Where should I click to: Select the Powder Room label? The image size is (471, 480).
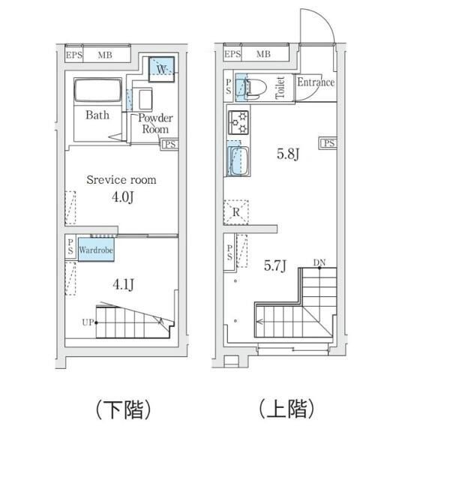156,123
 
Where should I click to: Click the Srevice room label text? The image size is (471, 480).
121,180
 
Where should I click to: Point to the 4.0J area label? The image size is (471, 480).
121,197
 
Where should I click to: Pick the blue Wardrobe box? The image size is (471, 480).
95,249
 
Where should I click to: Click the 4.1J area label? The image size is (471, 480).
121,284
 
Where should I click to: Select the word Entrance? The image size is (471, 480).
315,82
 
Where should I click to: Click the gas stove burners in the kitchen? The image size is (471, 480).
238,122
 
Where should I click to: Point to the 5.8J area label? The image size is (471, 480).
288,155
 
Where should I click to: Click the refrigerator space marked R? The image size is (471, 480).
235,212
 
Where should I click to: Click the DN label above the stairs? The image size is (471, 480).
319,262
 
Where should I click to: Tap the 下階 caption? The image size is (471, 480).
124,409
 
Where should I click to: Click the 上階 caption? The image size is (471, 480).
286,409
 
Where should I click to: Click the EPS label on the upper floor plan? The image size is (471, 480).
232,54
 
